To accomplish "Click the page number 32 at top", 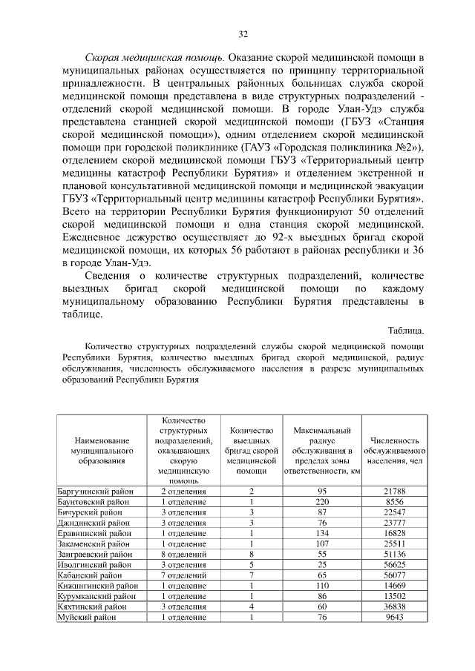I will coord(243,34).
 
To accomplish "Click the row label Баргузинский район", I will coord(92,492).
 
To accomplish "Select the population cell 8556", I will coord(394,502).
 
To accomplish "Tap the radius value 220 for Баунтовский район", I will coord(322,502).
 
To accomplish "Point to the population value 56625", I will coord(394,564).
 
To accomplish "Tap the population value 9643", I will coord(394,616).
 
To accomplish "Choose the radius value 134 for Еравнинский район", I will coord(322,533).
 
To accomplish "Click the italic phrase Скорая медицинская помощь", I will coord(154,57).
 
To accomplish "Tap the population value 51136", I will coord(394,554).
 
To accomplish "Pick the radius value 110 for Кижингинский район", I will coord(322,585).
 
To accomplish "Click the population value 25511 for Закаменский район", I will coord(394,543).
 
